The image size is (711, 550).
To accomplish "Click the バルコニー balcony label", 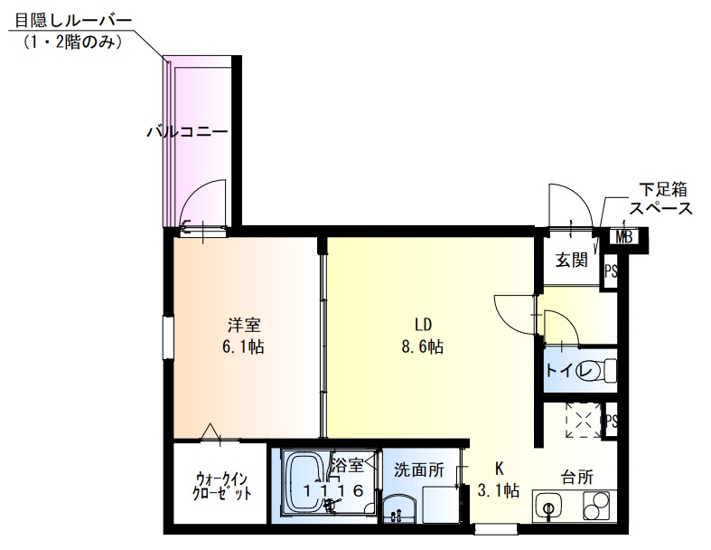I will coord(187,132).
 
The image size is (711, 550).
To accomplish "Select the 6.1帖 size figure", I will coord(245,346).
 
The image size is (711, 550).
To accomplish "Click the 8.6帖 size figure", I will coord(423,346).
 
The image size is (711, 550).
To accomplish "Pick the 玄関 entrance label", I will coord(571,261).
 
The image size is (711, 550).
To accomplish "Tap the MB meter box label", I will coord(623,238).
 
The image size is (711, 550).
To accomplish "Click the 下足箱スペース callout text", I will coord(662,199).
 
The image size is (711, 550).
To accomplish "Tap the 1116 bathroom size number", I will coord(333,490).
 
